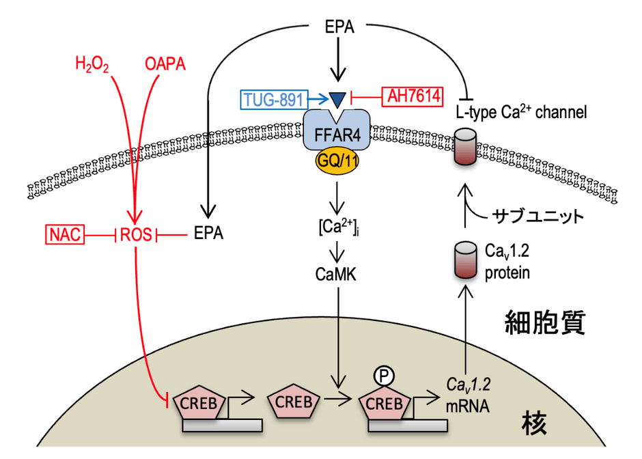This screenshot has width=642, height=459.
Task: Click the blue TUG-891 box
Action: [273, 100]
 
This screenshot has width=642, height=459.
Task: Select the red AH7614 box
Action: [413, 96]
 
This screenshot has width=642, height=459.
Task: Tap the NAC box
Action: [65, 234]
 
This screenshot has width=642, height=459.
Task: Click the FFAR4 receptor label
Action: [337, 135]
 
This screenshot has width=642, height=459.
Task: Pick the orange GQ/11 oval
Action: [337, 161]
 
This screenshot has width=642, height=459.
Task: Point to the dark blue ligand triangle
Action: [337, 100]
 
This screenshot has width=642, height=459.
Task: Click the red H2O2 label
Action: [92, 65]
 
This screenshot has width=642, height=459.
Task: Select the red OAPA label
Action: [165, 64]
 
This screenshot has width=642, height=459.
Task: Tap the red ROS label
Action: [135, 235]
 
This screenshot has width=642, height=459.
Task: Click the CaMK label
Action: [336, 275]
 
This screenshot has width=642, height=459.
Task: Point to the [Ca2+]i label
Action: [339, 227]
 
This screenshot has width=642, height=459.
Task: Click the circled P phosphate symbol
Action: [384, 376]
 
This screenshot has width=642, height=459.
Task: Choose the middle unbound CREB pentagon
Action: [294, 401]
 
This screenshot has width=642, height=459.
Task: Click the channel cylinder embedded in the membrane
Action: [466, 147]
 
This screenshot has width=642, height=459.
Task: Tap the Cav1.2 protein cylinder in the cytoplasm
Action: [466, 260]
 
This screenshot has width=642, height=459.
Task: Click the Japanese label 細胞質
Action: [545, 322]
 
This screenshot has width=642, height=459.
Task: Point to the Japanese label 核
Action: [534, 423]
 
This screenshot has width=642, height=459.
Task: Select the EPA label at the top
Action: [339, 27]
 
